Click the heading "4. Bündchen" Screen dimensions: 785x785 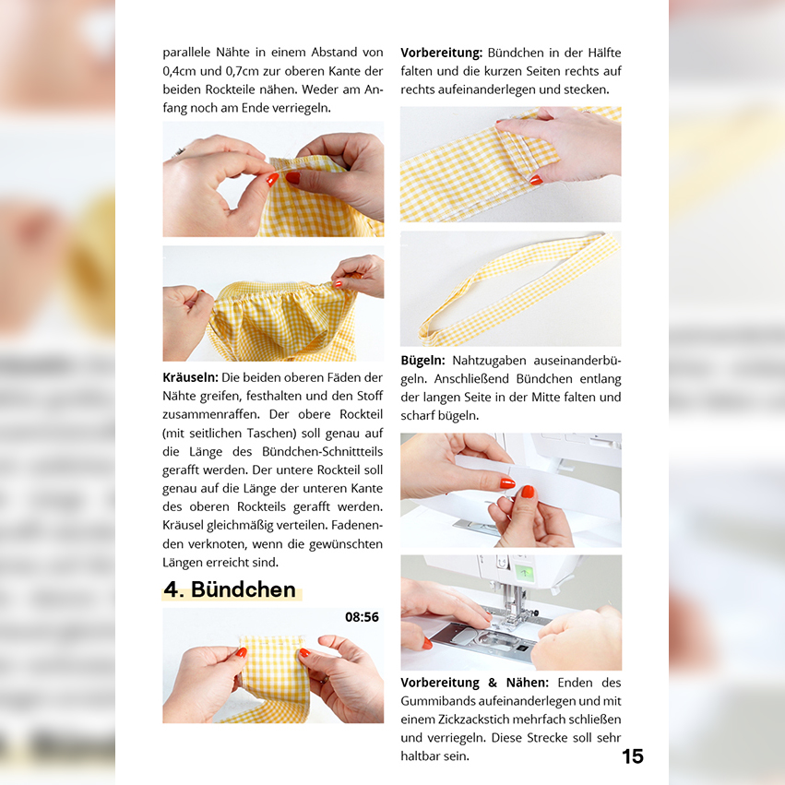(x=231, y=589)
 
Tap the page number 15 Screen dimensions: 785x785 (x=632, y=756)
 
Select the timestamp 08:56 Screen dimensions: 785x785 (x=362, y=617)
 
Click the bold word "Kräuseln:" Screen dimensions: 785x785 (x=190, y=377)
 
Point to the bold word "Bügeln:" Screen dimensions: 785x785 (x=422, y=361)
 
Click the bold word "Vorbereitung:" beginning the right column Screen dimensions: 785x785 (x=441, y=53)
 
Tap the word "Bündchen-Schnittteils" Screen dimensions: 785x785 (x=323, y=452)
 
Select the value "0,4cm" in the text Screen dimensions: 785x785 (x=180, y=72)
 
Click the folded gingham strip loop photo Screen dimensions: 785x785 (x=511, y=289)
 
